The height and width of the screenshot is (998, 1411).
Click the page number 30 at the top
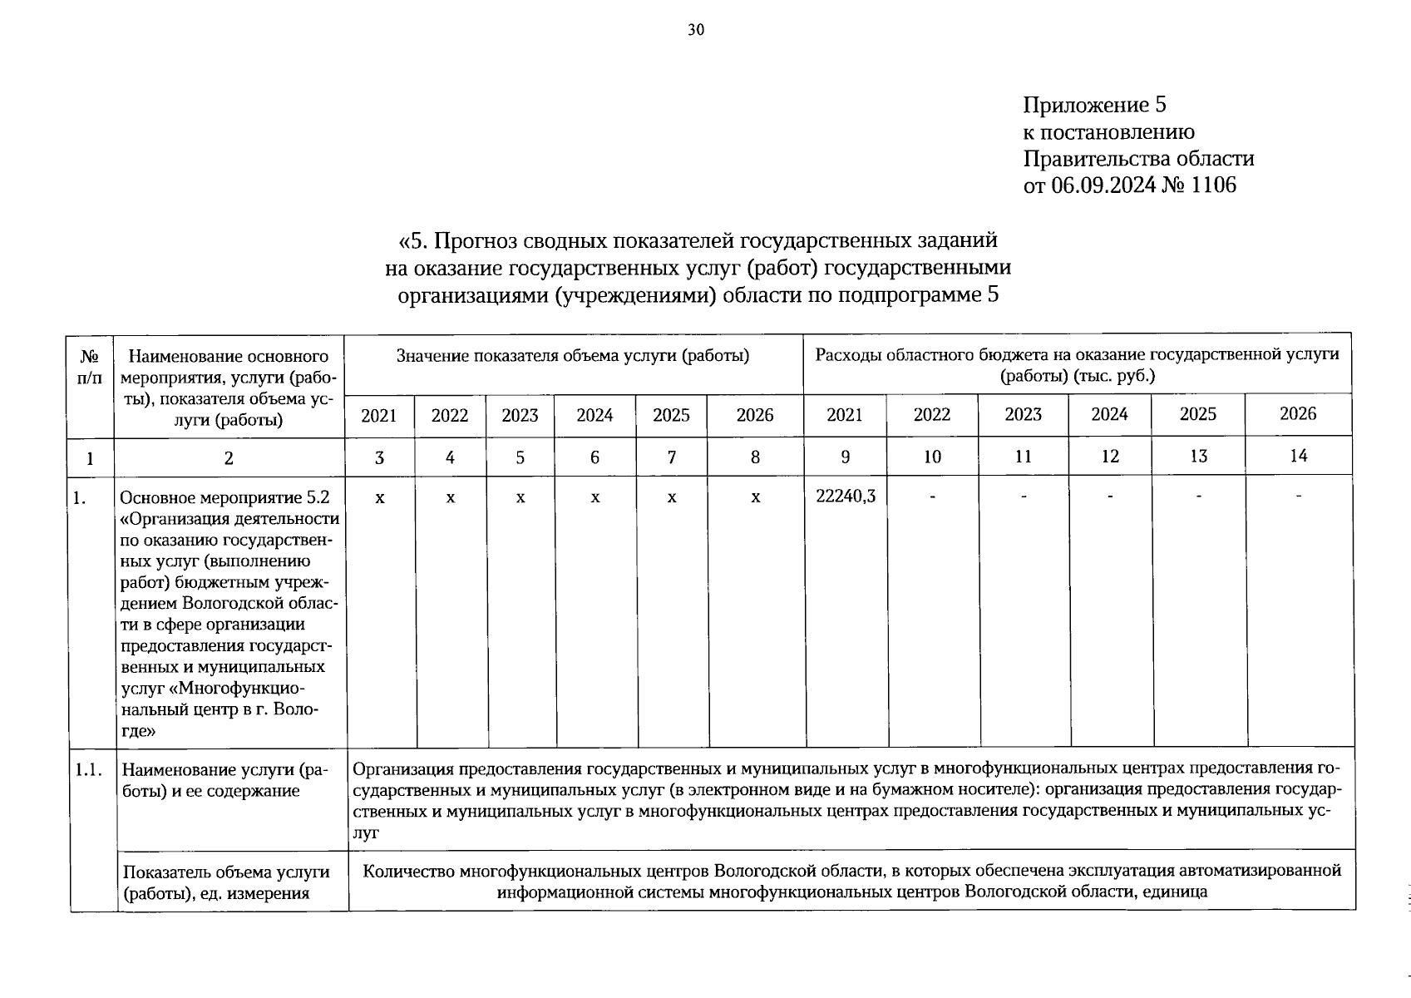coord(696,31)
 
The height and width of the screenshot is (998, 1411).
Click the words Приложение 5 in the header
coord(1094,105)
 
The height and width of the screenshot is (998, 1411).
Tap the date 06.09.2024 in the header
coord(1103,185)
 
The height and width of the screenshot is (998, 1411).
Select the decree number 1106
coord(1213,185)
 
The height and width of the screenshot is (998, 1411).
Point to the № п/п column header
coord(90,367)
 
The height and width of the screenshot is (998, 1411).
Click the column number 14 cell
coord(1298,456)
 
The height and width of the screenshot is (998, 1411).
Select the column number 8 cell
coord(755,457)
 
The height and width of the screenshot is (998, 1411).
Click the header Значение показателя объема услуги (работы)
coord(573,356)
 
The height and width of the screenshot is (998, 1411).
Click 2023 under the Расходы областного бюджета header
coord(1023,414)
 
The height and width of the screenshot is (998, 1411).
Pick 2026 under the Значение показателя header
coord(755,415)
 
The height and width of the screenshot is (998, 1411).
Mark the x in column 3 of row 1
coord(379,497)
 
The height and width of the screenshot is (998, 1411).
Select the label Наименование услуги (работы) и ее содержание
coord(223,780)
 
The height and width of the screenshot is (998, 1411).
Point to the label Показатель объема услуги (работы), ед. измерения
coord(225,882)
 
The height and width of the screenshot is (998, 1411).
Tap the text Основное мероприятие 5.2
coord(224,498)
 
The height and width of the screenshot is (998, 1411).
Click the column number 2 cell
coord(229,457)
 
